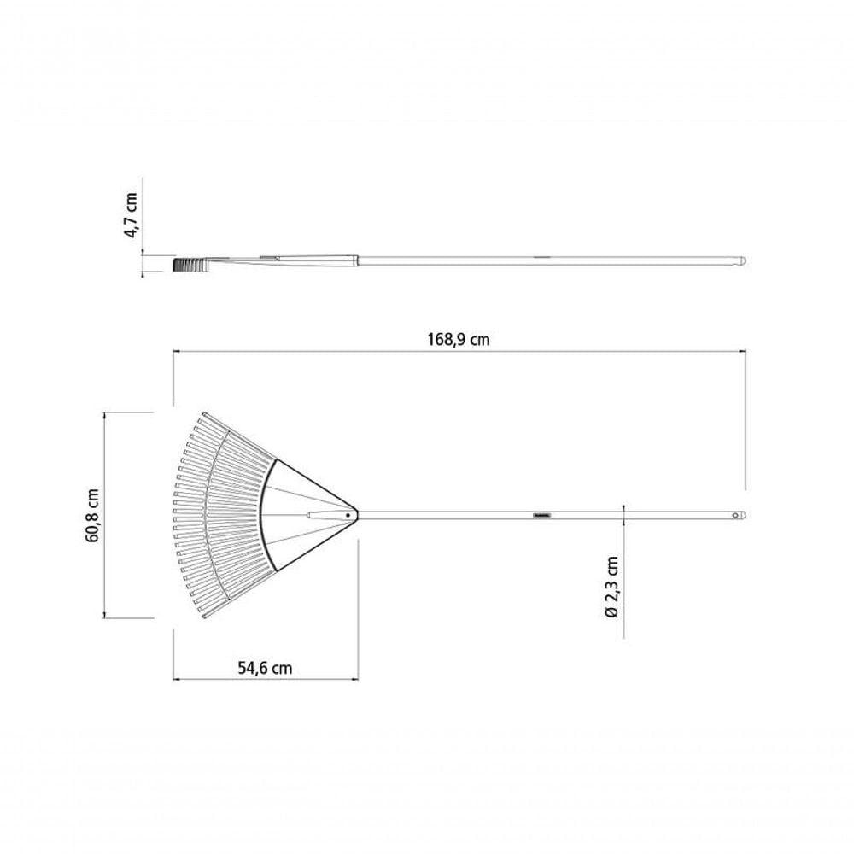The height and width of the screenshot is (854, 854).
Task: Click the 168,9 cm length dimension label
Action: [x=458, y=340]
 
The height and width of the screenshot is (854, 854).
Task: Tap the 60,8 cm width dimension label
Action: [x=92, y=515]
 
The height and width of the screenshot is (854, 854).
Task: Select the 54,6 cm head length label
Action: [x=265, y=668]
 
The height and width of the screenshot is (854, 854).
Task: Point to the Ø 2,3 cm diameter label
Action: [x=611, y=588]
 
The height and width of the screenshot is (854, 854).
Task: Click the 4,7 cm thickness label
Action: [x=132, y=214]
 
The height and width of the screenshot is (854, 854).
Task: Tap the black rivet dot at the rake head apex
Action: [x=348, y=515]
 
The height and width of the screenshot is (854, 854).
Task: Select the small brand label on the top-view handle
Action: [x=542, y=515]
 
